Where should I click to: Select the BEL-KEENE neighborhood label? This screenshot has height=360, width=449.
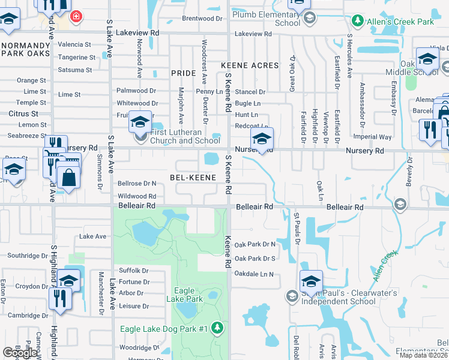(x=192, y=178)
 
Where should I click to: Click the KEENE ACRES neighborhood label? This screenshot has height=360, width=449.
(x=250, y=65)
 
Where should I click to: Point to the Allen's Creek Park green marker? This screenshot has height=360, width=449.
(x=357, y=22)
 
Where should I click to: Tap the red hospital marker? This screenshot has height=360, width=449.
(x=76, y=16)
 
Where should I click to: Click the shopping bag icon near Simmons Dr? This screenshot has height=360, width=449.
(x=69, y=178)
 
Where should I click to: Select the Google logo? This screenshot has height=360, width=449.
(x=20, y=353)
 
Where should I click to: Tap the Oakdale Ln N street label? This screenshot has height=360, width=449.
(x=254, y=274)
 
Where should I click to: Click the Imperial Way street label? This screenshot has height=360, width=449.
(x=372, y=137)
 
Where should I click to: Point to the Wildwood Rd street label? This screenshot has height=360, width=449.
(x=137, y=196)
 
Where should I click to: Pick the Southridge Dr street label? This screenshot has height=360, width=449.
(x=27, y=256)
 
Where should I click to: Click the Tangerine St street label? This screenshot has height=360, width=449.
(x=76, y=58)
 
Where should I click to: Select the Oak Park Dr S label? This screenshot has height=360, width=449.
(x=255, y=259)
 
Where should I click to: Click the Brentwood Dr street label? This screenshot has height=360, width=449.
(x=202, y=19)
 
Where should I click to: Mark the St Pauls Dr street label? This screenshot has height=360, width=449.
(x=297, y=228)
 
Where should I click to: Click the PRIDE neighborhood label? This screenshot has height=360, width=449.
(x=183, y=73)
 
